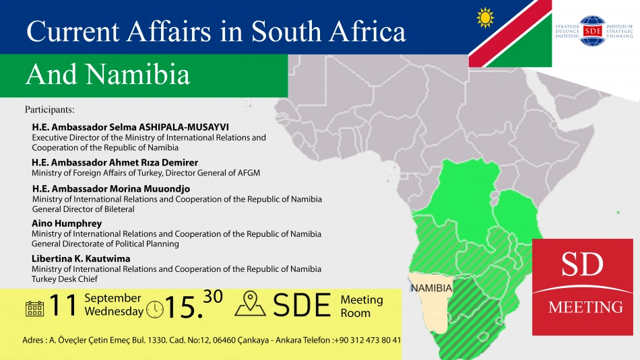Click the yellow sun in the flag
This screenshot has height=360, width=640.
485,17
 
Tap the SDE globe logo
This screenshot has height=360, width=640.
593,31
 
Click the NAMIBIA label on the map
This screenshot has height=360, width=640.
431,288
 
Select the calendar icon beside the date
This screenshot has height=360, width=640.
34,309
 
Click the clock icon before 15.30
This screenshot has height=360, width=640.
155,310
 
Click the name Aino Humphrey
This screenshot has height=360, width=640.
67,223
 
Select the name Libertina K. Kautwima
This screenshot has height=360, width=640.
82,258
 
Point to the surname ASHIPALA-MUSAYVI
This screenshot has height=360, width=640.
184,127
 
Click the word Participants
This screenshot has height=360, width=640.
49,110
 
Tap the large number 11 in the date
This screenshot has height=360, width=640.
63,305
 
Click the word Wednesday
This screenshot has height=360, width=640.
114,312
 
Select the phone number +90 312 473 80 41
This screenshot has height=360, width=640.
367,340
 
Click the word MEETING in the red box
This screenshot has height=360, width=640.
585,307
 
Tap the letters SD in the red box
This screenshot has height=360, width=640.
583,264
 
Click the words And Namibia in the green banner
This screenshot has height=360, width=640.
108,74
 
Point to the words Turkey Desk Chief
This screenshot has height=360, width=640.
65,279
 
